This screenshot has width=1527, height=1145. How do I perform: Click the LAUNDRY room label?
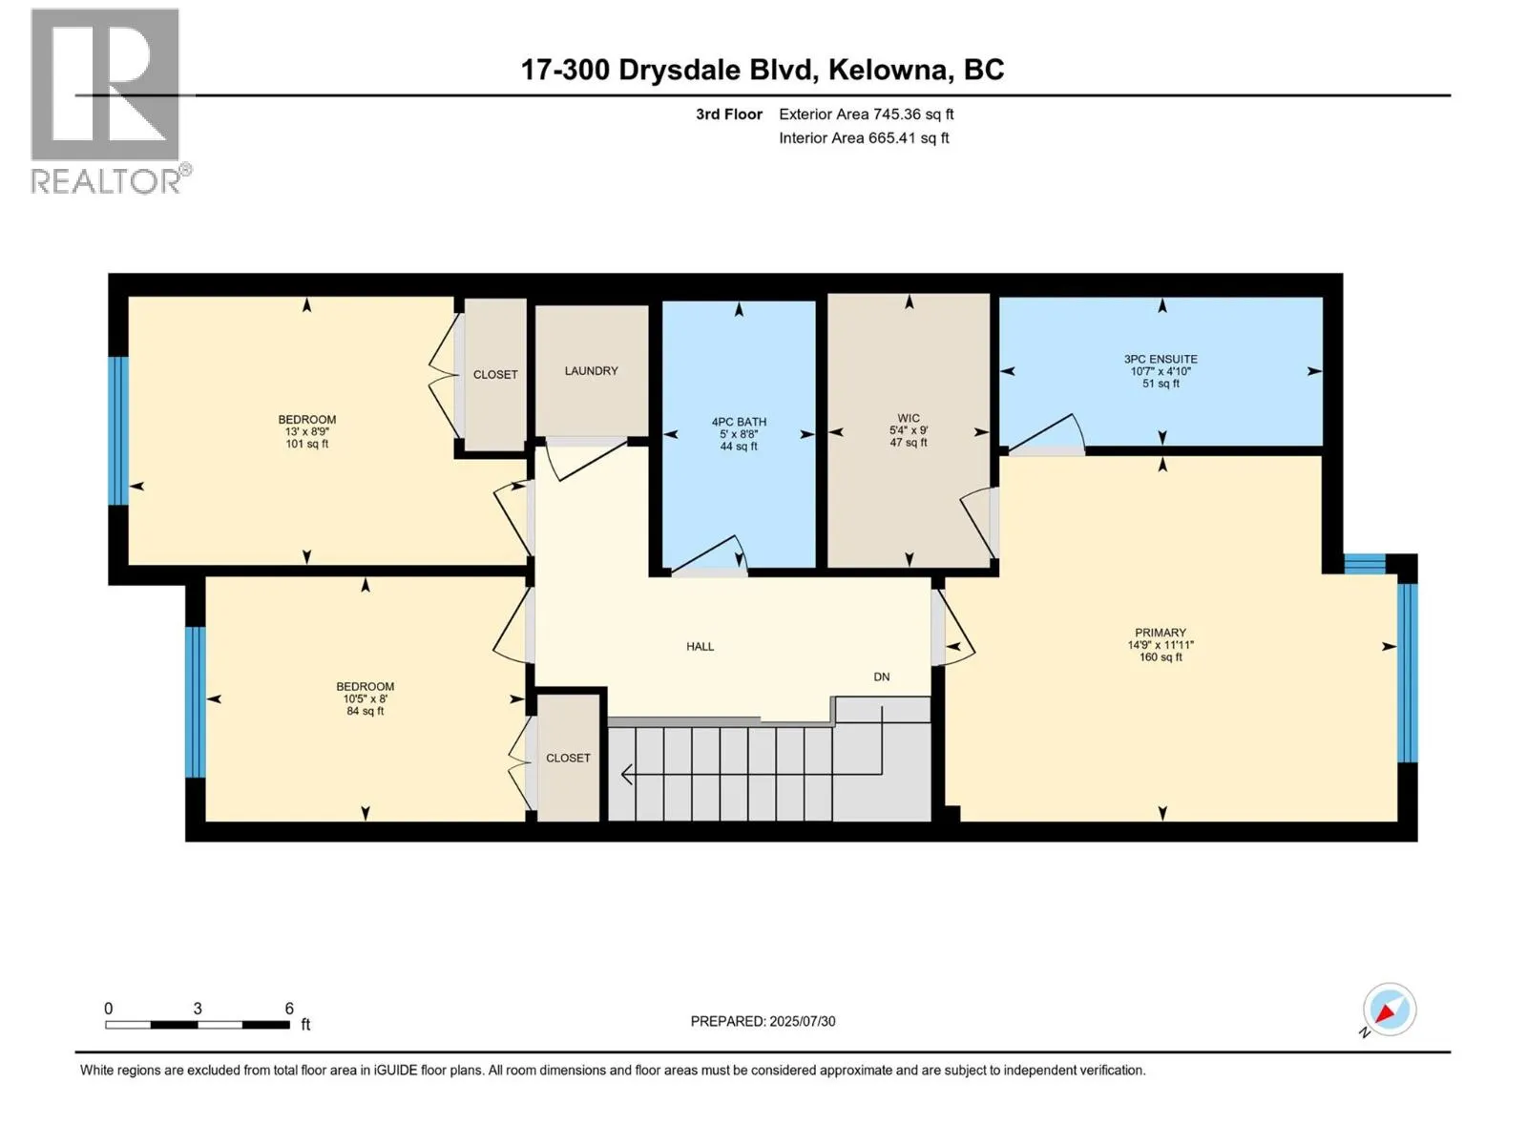(591, 371)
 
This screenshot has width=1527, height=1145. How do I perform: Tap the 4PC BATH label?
(739, 422)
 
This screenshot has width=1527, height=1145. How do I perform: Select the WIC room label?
(909, 418)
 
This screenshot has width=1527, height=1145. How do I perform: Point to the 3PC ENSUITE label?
(1161, 360)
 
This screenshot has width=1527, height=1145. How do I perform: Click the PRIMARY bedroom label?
(1161, 633)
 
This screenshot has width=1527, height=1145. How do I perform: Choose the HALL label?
(700, 647)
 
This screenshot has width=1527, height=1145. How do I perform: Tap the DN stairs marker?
(881, 677)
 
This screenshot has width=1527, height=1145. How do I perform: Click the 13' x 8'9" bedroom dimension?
(306, 432)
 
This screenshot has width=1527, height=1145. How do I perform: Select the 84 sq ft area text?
(366, 711)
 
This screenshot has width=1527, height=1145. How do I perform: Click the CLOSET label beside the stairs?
(568, 759)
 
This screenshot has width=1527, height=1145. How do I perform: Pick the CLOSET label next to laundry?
(495, 375)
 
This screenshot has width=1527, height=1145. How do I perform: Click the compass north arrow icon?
(1389, 1010)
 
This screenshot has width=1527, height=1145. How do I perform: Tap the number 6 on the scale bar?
(289, 1009)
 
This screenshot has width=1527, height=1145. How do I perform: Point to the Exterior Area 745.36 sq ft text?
(866, 114)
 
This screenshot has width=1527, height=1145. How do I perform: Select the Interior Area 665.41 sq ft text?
(864, 138)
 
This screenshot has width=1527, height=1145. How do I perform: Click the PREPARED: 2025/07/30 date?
(763, 1021)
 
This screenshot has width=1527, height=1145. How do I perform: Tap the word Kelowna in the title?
(889, 70)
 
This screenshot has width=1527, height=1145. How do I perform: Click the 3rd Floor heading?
(729, 114)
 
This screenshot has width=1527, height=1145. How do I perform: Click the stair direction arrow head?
(626, 775)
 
